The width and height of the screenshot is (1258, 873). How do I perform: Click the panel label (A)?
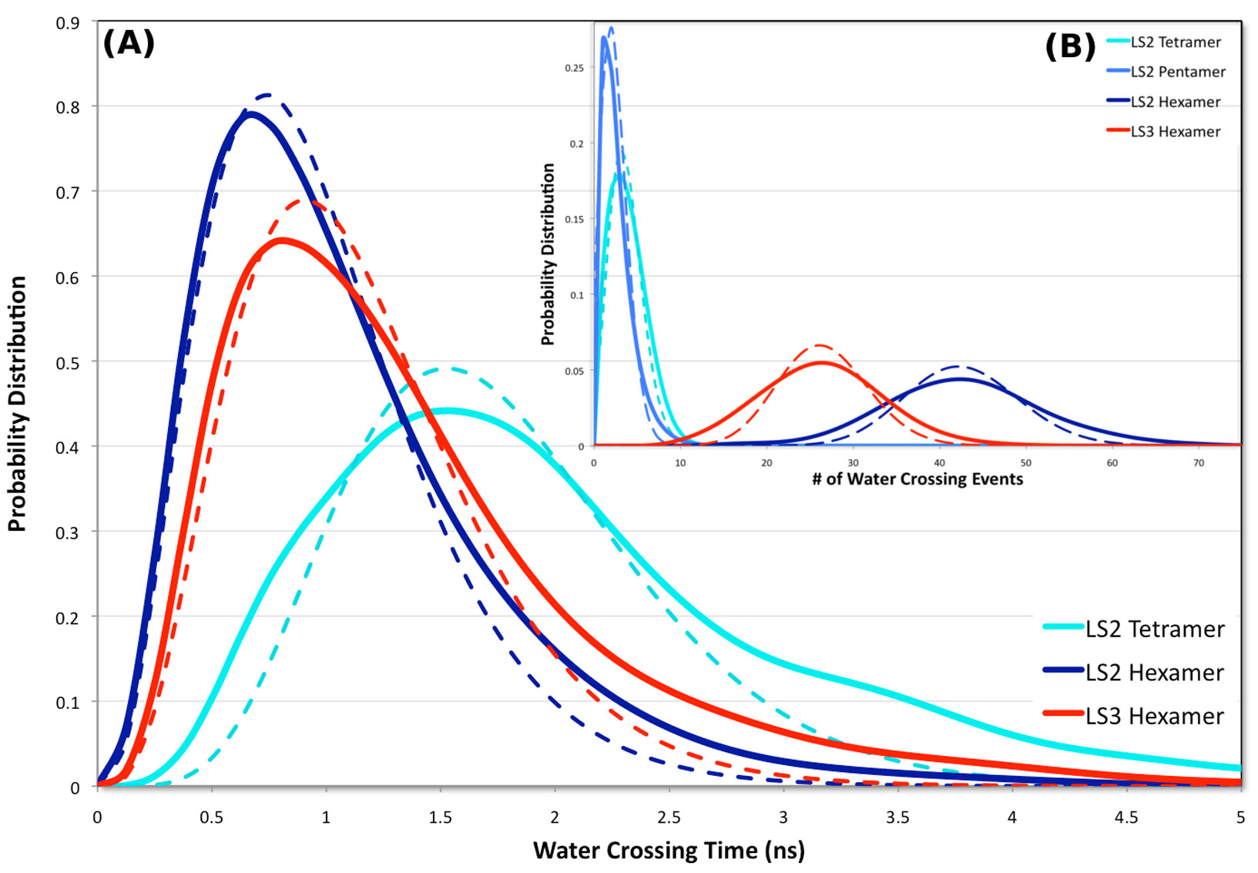(129, 43)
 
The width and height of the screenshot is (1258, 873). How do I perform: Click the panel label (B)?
(1070, 46)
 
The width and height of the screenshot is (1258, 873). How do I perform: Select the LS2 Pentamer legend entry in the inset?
(1177, 72)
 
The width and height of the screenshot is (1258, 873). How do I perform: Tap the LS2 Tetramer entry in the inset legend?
(1175, 42)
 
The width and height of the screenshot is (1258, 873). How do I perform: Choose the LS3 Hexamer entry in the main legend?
(1154, 716)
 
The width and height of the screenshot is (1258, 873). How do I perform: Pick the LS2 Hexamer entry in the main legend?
(1154, 673)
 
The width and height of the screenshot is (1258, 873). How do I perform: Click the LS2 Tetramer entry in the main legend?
(1154, 629)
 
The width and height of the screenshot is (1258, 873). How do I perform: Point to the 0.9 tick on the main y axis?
(68, 22)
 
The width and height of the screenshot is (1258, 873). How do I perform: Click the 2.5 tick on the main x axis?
(669, 817)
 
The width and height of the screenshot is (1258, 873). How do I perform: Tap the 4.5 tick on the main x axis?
(1126, 817)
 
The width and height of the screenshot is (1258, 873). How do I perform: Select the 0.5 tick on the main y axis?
(68, 362)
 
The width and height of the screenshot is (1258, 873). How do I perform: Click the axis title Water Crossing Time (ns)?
(669, 850)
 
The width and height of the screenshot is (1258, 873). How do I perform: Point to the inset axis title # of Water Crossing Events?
(918, 478)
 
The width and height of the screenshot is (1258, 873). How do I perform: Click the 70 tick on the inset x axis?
(1199, 462)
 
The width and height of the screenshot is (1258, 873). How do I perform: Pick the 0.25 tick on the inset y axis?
(574, 68)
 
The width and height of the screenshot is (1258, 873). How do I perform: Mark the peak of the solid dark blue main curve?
(250, 114)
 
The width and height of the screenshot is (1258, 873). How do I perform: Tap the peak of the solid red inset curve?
(821, 362)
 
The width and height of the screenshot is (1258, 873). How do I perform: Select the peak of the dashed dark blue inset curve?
(958, 366)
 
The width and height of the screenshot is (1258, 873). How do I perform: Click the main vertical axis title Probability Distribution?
(17, 404)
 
